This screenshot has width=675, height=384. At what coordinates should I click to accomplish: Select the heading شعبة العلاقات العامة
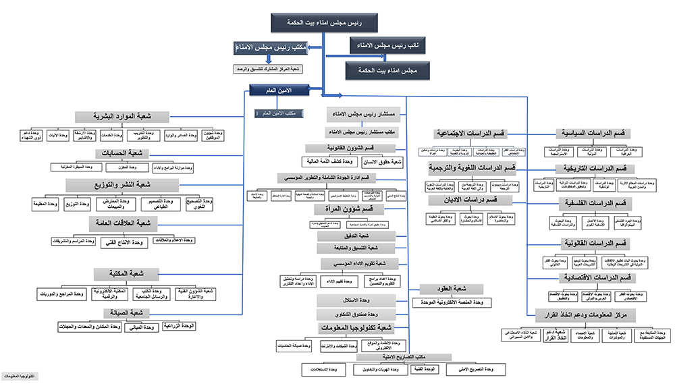tap(124, 223)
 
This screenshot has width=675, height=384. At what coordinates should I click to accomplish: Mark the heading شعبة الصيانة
tap(126, 313)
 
